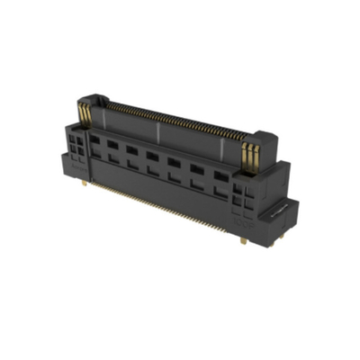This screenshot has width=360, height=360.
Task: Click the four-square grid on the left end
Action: [77, 144]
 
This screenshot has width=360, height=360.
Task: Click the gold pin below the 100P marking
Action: [244, 239]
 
